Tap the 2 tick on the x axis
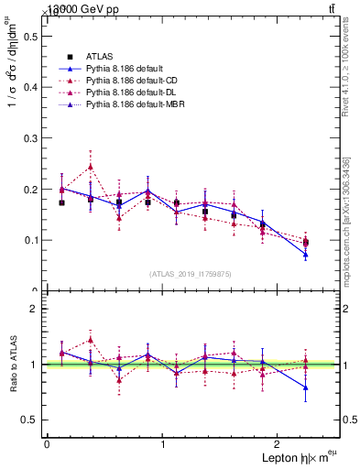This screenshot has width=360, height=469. click(279, 444)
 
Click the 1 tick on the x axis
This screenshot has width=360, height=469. click(163, 444)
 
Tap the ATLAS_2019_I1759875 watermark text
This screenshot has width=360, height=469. click(191, 273)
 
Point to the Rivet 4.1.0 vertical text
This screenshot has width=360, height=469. click(346, 73)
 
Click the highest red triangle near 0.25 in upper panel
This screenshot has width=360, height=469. click(91, 167)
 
